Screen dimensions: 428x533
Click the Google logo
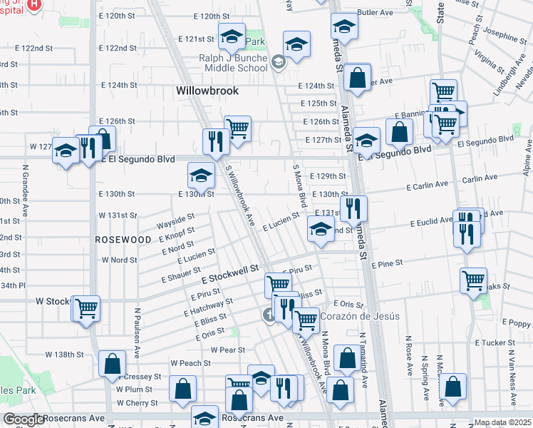pos(24,419)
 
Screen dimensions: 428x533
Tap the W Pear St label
pos(228,350)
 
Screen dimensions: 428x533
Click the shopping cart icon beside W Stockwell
pos(86,309)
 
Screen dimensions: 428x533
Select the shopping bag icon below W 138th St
pos(112,364)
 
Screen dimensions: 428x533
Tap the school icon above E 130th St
pos(201,175)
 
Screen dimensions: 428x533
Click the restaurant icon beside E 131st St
pos(353,208)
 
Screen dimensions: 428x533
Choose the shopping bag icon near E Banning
pos(400,131)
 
